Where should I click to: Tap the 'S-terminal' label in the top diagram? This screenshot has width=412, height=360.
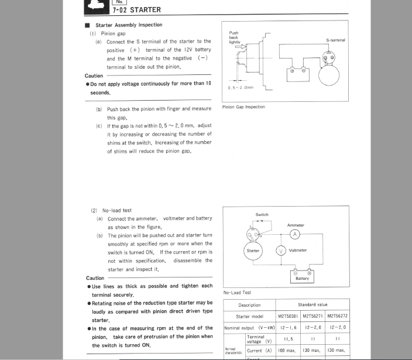tap(335, 40)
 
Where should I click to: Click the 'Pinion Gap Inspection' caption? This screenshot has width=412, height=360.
tap(243, 107)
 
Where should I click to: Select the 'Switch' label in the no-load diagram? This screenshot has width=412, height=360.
tap(262, 215)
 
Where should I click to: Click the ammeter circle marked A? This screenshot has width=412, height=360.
tap(295, 234)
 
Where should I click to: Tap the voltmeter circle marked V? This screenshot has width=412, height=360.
tap(281, 251)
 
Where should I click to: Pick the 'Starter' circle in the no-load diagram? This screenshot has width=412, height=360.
tap(253, 251)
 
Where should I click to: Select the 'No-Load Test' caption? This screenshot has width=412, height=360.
tap(237, 292)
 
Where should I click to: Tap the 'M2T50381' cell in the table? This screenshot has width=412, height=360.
tap(288, 316)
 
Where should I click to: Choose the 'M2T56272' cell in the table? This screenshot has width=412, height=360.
tap(337, 316)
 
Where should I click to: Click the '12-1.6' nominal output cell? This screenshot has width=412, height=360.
tap(288, 327)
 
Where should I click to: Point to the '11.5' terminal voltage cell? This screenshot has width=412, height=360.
tap(288, 338)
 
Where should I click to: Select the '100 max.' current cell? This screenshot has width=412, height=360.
tap(288, 350)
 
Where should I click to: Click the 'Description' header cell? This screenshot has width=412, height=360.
tap(250, 305)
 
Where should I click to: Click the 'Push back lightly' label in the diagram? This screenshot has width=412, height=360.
tap(234, 37)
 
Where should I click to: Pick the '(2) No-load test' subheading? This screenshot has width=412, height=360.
tap(111, 210)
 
